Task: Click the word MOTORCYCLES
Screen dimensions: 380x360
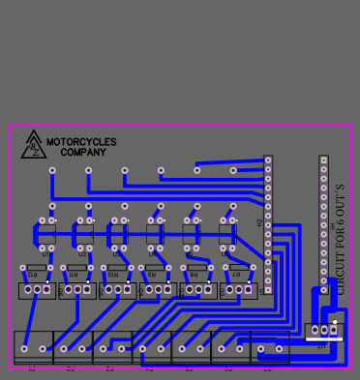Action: coord(81,142)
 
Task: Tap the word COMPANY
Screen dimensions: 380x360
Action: coord(83,153)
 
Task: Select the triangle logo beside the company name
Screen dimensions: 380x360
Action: coord(34,145)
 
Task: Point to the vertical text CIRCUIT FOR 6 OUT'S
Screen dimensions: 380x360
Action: coord(341,238)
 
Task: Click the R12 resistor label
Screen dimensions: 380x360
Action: coord(34,276)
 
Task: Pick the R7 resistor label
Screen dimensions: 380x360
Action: coord(236,276)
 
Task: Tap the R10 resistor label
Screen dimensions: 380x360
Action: coord(114,276)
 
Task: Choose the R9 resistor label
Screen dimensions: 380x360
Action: coord(155,276)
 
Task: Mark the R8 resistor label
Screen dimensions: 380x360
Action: coord(195,276)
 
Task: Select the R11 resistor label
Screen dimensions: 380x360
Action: coord(75,276)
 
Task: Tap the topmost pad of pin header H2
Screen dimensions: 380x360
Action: coord(268,161)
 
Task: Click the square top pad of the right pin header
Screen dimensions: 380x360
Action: coord(323,161)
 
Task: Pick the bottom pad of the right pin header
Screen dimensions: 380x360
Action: coord(323,289)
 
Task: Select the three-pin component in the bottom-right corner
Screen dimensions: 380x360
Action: coord(323,331)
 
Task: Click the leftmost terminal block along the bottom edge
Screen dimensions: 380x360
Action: coord(34,347)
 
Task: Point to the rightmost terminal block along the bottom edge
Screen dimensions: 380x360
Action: coord(270,347)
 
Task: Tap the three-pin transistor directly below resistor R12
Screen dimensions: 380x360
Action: coord(37,289)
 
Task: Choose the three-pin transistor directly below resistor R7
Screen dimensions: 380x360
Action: coord(238,289)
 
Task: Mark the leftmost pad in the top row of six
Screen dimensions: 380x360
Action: coord(52,170)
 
